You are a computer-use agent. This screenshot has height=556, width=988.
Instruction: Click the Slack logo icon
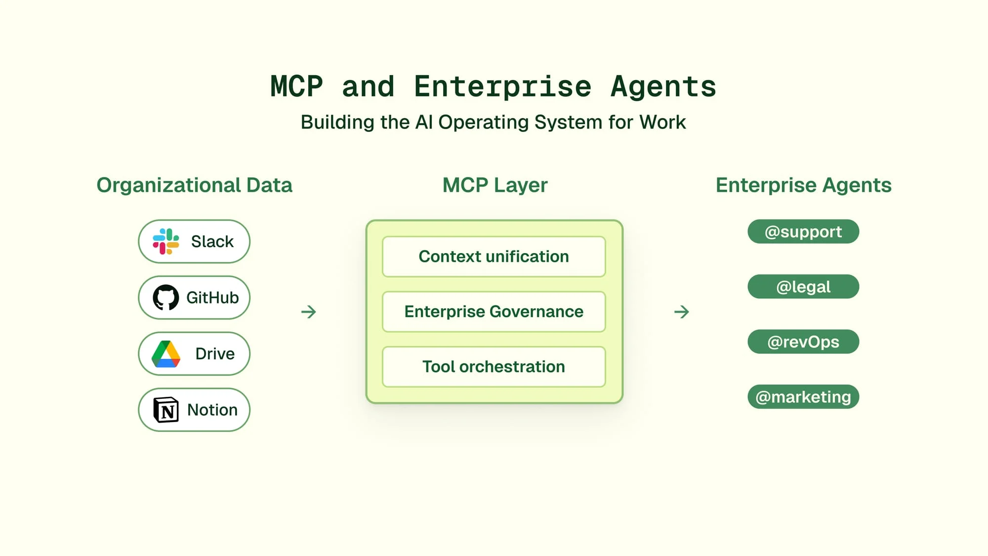(166, 241)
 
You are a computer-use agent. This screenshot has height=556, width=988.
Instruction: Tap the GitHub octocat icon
(166, 298)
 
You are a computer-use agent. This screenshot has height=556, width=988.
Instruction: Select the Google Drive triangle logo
(166, 354)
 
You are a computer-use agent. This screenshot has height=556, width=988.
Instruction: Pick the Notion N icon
(166, 410)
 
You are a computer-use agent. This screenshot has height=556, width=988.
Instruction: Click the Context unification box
(494, 257)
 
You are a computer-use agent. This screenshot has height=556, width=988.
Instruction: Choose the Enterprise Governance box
(494, 311)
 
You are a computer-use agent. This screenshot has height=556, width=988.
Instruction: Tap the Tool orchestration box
(494, 367)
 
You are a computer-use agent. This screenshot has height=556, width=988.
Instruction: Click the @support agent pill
(803, 232)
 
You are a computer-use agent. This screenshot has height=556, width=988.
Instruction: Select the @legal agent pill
(803, 287)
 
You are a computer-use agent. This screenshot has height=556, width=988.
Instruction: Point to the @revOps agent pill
(803, 342)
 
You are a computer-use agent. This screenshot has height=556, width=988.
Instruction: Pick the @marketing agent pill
(803, 397)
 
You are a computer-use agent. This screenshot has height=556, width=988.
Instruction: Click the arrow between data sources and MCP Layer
(309, 312)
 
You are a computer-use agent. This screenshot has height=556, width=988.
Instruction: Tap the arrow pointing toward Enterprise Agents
(682, 312)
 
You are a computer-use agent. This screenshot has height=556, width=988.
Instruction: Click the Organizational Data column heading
(195, 185)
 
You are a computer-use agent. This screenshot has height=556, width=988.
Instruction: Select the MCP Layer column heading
(495, 185)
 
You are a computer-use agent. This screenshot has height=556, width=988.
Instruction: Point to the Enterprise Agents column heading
(804, 185)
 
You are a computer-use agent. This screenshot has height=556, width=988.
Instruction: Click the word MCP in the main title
(297, 87)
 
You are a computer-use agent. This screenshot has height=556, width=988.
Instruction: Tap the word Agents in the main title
(663, 87)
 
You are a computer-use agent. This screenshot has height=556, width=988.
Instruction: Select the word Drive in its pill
(215, 354)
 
